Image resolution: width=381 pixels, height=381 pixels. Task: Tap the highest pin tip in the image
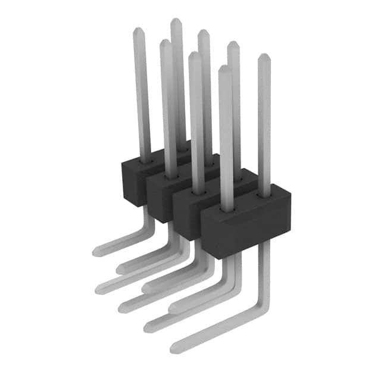click(176, 21)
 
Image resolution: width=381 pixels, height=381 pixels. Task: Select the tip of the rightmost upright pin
click(264, 57)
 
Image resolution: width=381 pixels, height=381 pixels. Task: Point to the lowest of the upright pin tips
click(224, 68)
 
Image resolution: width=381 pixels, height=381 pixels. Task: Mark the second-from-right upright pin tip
click(233, 44)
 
